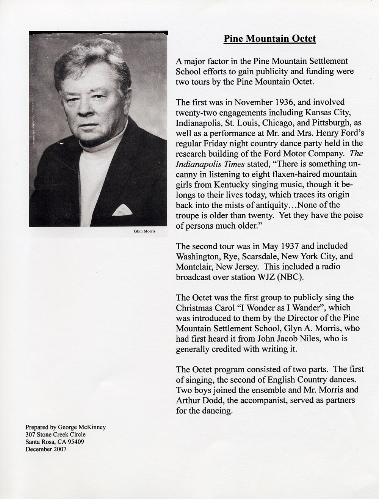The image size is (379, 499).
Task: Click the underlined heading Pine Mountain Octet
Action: pyautogui.click(x=269, y=39)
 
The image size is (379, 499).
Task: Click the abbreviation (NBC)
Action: pyautogui.click(x=290, y=277)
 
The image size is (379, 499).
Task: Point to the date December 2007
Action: pyautogui.click(x=45, y=449)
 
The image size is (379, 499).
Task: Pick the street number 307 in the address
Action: pyautogui.click(x=30, y=435)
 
